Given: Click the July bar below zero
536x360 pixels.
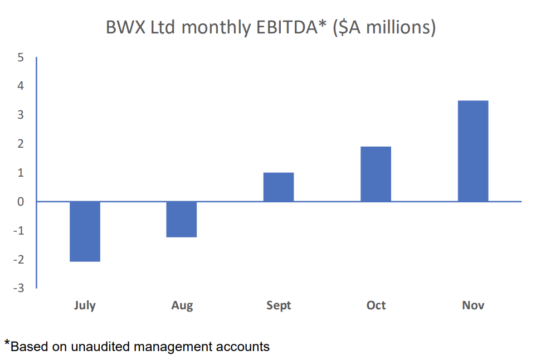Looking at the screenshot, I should click(x=85, y=231).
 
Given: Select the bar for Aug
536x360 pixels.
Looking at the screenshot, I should click(x=182, y=219).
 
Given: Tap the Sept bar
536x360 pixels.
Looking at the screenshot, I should click(x=279, y=187).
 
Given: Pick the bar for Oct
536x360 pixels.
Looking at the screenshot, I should click(x=376, y=174).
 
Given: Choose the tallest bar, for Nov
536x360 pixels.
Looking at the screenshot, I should click(x=473, y=151).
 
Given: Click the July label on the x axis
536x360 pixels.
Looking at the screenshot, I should click(x=85, y=305).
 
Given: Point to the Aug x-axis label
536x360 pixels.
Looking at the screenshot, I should click(x=182, y=305).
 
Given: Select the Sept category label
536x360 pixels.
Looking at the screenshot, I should click(x=279, y=305).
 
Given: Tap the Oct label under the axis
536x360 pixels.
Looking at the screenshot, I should click(x=376, y=305).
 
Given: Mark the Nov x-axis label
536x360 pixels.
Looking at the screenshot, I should click(x=473, y=305).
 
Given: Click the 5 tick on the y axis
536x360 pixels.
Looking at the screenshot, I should click(x=21, y=57).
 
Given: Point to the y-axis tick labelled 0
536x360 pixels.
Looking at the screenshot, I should click(x=21, y=202).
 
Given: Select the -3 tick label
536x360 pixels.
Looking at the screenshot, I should click(x=18, y=288).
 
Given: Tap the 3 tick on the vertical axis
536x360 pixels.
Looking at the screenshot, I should click(x=21, y=115).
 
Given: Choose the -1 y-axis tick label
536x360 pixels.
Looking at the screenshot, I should click(x=18, y=231).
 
